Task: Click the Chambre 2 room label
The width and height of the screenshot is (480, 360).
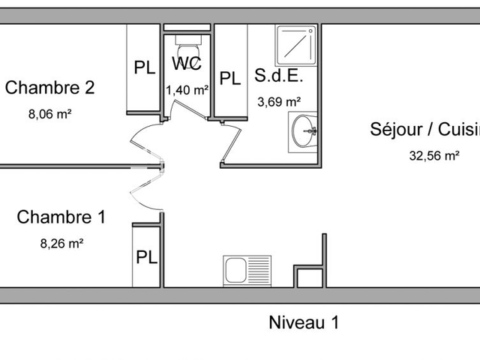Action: pyautogui.click(x=49, y=88)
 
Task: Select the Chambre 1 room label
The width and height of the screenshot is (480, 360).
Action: pyautogui.click(x=61, y=217)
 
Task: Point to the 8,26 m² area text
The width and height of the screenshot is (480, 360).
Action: pyautogui.click(x=61, y=243)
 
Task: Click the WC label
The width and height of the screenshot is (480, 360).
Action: pyautogui.click(x=187, y=64)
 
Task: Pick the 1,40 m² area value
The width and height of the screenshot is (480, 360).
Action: pyautogui.click(x=187, y=90)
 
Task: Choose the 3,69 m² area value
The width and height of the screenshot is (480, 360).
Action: pyautogui.click(x=279, y=102)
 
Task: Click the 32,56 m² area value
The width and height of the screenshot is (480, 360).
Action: pyautogui.click(x=433, y=156)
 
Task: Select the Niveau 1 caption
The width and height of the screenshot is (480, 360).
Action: pyautogui.click(x=304, y=323)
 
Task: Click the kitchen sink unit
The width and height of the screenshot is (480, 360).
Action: pyautogui.click(x=247, y=270)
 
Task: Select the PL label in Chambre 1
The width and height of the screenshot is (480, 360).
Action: pyautogui.click(x=146, y=257)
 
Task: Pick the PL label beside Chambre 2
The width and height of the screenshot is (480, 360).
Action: pyautogui.click(x=145, y=67)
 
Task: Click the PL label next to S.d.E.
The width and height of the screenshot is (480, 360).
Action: pyautogui.click(x=229, y=78)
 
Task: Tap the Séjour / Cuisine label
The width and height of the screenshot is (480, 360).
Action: pyautogui.click(x=424, y=129)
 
